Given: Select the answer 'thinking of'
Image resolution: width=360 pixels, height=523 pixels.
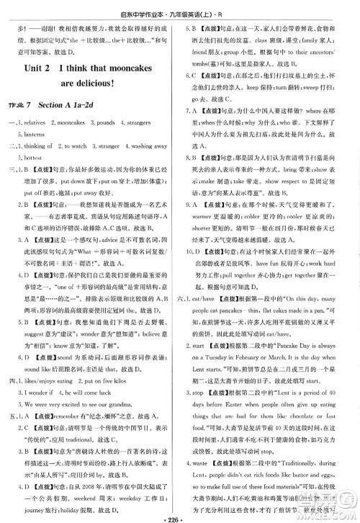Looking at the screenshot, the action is tap(40, 144).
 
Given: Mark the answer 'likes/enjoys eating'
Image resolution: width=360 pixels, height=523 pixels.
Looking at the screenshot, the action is tap(50, 384).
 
